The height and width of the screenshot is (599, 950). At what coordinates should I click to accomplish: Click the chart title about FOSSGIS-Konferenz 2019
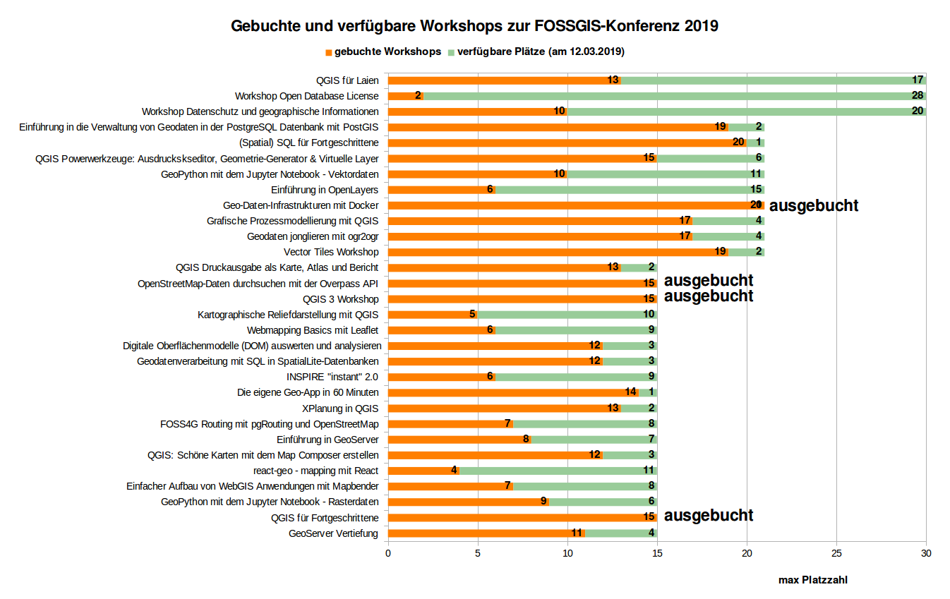[474, 27]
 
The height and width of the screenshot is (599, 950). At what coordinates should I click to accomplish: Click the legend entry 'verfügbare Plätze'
[541, 52]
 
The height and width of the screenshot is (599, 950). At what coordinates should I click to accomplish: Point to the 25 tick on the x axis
[836, 554]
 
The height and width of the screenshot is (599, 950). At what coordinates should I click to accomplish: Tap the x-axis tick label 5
[478, 554]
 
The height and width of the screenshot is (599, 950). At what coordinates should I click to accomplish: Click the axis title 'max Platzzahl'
[812, 580]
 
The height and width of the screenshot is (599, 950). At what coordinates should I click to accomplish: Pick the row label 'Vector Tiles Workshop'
[331, 252]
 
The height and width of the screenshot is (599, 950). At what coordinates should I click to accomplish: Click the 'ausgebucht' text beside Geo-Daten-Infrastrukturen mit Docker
[813, 206]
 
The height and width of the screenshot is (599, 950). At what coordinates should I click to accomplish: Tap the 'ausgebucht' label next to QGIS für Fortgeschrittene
[709, 516]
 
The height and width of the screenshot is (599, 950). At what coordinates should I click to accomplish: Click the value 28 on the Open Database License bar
[918, 96]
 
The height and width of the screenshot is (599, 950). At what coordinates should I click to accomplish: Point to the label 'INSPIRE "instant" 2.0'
[332, 377]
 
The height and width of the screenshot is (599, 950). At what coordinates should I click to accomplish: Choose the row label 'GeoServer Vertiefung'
[333, 533]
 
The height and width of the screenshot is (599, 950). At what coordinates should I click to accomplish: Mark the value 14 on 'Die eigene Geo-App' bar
[631, 392]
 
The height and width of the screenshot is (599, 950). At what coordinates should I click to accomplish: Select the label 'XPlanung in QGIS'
[340, 408]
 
